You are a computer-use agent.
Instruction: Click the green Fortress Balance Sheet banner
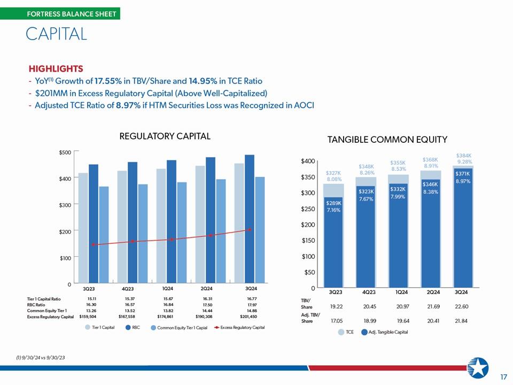coord(60,14)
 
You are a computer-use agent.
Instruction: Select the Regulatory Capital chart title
coord(165,136)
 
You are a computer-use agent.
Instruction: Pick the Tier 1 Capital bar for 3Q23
coord(83,228)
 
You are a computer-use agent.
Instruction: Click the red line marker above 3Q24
coord(250,229)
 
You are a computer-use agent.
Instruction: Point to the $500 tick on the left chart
coord(65,152)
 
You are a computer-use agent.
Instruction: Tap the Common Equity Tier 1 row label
coord(47,311)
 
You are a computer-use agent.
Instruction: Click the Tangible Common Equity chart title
coord(387,140)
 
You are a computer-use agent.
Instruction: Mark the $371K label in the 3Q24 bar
coord(462,174)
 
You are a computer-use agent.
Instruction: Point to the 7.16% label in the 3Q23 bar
coord(333,210)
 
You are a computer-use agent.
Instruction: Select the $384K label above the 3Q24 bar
coord(464,156)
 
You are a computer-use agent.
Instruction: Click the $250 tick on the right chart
coord(308,209)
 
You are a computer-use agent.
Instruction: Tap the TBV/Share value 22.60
coord(461,306)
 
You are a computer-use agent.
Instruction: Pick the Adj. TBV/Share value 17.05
coord(337,321)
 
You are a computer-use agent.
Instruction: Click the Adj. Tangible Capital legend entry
coord(384,332)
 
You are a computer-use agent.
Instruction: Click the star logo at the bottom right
coord(478,368)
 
